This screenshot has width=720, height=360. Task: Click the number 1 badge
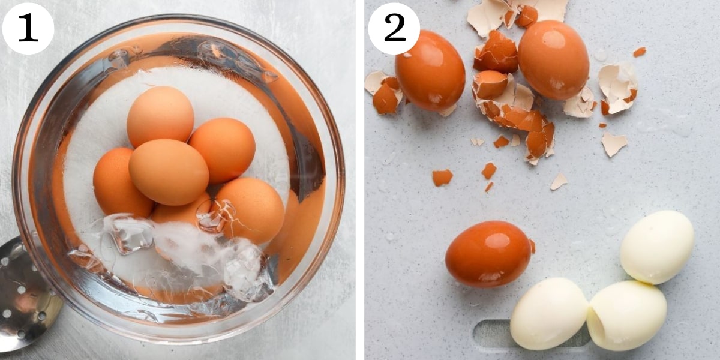[28, 28]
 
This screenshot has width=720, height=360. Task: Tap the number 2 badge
[394, 28]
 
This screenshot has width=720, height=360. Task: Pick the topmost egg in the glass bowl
[160, 116]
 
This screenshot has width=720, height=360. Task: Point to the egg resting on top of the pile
[169, 172]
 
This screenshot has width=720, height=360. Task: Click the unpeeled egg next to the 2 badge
[430, 71]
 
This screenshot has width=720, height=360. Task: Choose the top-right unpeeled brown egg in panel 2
[553, 59]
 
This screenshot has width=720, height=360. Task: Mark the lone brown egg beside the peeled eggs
[488, 254]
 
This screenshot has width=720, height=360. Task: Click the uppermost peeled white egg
[657, 247]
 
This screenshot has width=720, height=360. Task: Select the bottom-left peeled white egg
[548, 313]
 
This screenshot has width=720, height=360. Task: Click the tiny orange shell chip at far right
[640, 52]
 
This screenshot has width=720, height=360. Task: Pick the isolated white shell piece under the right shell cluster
[614, 144]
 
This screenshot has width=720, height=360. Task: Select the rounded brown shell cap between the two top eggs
[490, 84]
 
